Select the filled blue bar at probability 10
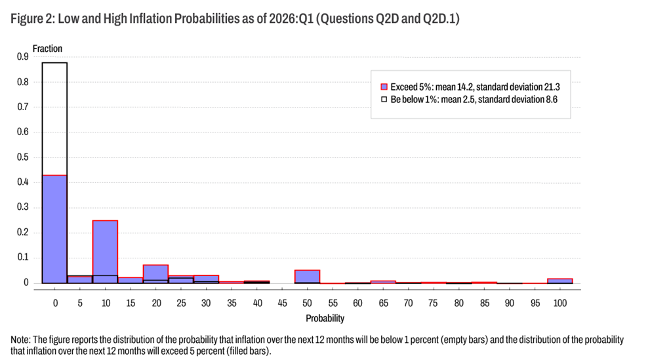(105, 252)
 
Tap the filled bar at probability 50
(307, 277)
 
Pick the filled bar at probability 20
(155, 274)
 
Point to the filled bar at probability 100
(559, 281)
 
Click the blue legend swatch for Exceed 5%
(384, 87)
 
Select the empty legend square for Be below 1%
(384, 100)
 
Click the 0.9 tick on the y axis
(23, 57)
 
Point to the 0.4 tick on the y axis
(23, 182)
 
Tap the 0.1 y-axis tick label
(23, 258)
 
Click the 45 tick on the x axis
(282, 303)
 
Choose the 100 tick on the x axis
(559, 303)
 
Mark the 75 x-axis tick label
(433, 303)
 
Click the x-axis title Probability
(325, 318)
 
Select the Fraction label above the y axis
(47, 49)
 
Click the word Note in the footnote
(20, 340)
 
